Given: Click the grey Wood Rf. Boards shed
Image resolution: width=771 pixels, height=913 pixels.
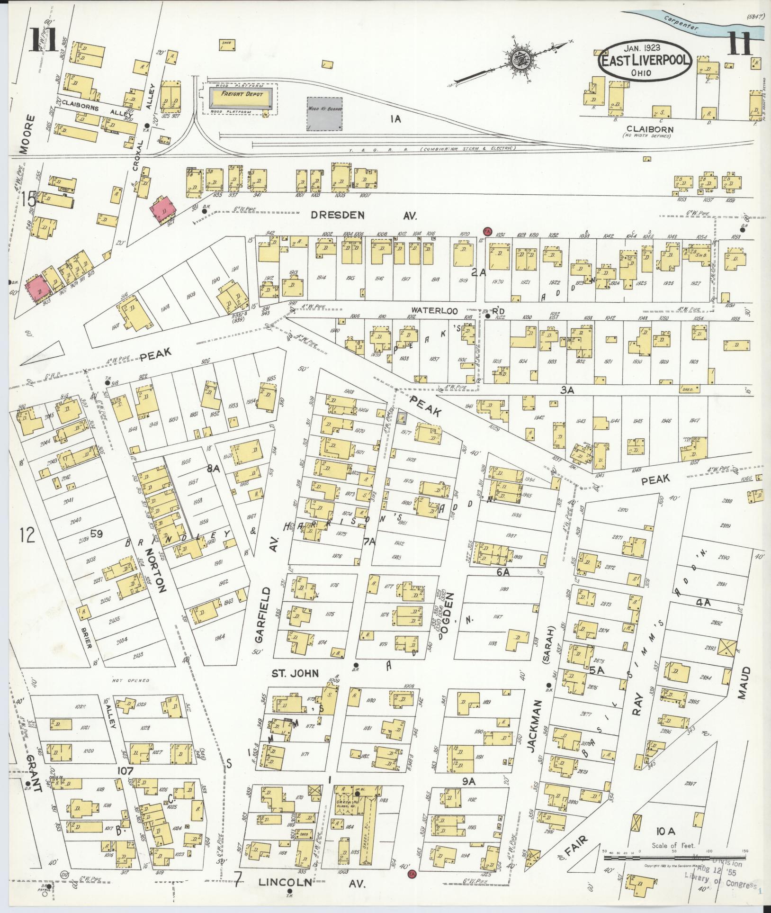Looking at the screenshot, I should pyautogui.click(x=324, y=114).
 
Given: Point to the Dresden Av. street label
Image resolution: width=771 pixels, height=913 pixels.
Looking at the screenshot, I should pyautogui.click(x=363, y=216).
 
